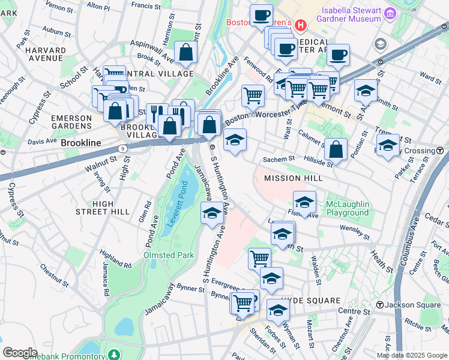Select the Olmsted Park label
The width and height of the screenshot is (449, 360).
[x=169, y=255]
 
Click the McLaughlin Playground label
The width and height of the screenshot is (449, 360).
[x=347, y=209]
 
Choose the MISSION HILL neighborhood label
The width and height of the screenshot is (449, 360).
[x=294, y=178]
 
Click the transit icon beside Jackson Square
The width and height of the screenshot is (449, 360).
[x=380, y=305]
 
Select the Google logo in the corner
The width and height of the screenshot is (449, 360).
[x=19, y=352]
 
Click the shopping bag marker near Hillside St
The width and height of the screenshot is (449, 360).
[x=336, y=150]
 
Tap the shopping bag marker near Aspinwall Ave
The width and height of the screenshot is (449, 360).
[x=185, y=53]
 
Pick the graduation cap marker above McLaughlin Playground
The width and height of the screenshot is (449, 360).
[x=305, y=203]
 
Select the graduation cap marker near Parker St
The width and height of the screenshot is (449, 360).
[x=388, y=146]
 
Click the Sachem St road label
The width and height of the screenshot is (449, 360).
[x=279, y=160]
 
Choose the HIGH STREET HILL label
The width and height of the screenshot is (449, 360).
[x=103, y=208]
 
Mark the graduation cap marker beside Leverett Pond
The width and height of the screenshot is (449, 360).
[x=212, y=214]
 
